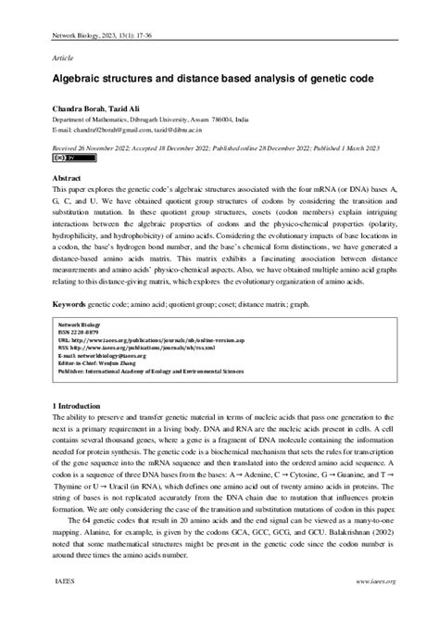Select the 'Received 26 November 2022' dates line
point(219,146)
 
